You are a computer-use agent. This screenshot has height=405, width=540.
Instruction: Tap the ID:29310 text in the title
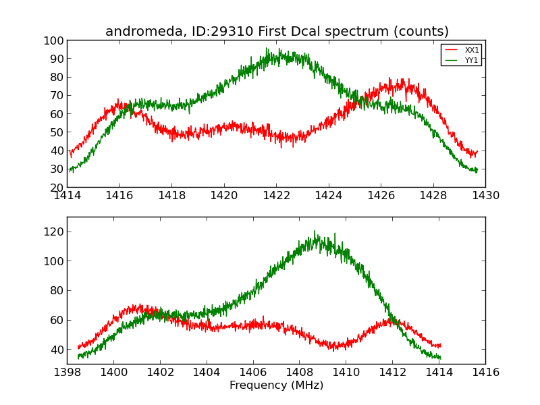(x=215, y=32)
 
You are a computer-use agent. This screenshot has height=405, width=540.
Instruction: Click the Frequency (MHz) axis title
(x=276, y=385)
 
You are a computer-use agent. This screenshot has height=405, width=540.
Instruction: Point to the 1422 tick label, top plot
(x=276, y=196)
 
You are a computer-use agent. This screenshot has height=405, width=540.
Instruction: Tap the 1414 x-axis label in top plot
(x=67, y=196)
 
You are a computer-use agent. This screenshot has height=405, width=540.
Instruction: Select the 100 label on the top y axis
(x=55, y=40)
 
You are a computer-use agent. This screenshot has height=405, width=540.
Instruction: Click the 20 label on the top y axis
(x=58, y=187)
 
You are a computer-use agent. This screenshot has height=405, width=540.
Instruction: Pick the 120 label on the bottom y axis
(x=54, y=232)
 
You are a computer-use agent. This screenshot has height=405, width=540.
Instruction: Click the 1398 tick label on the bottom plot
(x=67, y=373)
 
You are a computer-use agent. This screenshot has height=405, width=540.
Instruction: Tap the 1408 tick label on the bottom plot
(x=300, y=373)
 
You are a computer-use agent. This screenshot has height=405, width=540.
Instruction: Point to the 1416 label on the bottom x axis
(x=485, y=373)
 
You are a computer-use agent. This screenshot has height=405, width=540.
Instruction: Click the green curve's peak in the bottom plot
(x=315, y=233)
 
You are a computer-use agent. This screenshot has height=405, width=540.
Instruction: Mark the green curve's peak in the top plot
(x=267, y=49)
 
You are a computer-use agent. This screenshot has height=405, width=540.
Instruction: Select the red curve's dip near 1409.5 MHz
(x=333, y=349)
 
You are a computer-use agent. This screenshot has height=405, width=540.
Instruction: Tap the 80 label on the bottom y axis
(x=57, y=290)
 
